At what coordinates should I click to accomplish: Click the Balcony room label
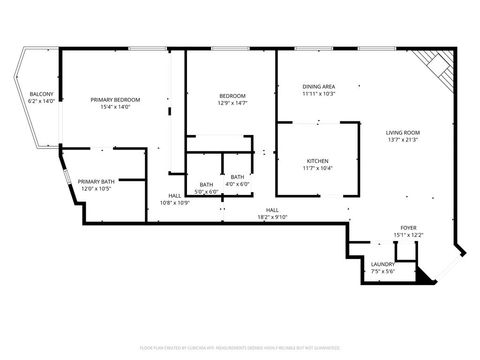pos(41,94)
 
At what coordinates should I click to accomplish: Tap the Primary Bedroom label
pos(115,100)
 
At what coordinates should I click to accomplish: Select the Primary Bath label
pos(96,181)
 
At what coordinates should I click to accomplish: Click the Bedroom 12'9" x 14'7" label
pos(232,96)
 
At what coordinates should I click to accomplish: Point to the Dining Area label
pos(319,87)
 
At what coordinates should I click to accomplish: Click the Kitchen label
pos(318,161)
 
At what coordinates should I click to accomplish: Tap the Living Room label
pos(403,132)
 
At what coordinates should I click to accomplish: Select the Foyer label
pos(409,228)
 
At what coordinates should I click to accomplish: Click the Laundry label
pos(383,264)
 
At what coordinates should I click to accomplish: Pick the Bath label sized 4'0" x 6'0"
pos(237,177)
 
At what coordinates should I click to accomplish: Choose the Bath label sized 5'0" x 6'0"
pos(205,184)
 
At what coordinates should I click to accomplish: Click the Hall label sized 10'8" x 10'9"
pos(175,196)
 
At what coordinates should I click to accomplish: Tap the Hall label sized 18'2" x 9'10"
pos(272,210)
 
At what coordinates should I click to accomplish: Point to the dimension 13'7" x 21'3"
pos(403,139)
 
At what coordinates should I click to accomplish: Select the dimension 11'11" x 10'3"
pos(319,94)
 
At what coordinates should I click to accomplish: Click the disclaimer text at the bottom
pos(239,347)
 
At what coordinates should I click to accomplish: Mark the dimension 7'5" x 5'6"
pos(383,271)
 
